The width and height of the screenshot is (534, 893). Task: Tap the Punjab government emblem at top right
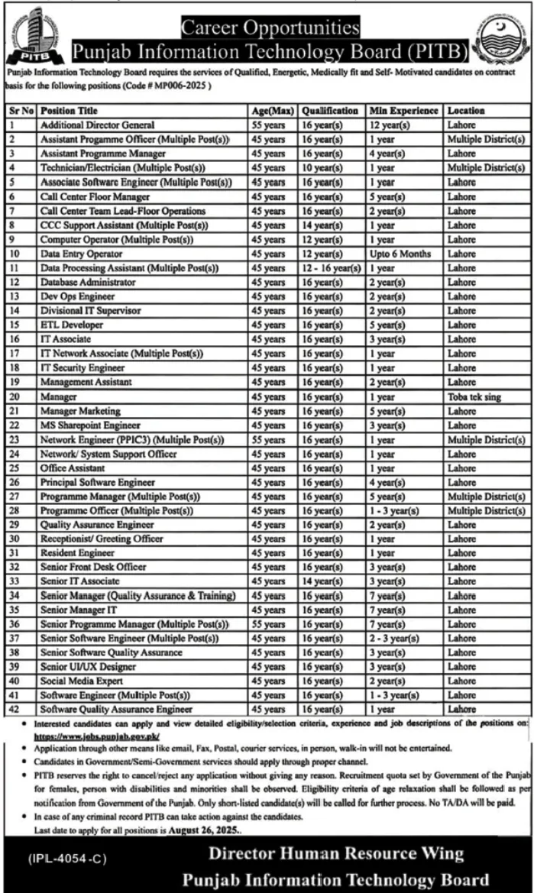(x=500, y=39)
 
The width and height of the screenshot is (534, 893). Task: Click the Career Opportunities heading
(x=269, y=29)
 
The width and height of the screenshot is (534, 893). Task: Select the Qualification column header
(x=330, y=111)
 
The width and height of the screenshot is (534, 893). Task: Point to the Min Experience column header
(x=403, y=111)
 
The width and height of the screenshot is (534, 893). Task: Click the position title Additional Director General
(x=98, y=125)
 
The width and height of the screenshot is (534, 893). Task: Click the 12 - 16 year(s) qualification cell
(x=332, y=268)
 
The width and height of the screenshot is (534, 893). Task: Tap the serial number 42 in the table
(x=14, y=710)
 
